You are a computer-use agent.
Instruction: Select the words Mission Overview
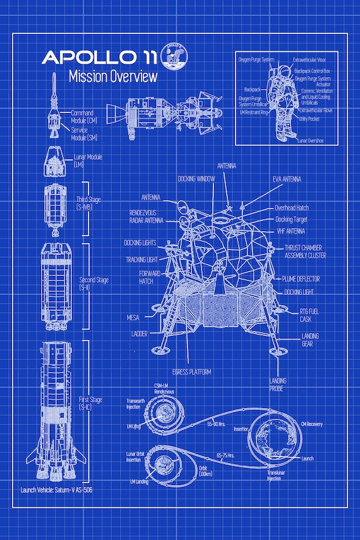click(x=112, y=77)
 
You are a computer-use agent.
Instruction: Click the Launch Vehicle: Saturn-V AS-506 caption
click(x=61, y=489)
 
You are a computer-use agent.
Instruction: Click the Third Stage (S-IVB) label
click(x=88, y=203)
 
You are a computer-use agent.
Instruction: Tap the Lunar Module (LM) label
click(x=87, y=160)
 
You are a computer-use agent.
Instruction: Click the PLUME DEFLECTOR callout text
click(x=301, y=279)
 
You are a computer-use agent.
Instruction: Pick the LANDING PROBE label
click(x=278, y=385)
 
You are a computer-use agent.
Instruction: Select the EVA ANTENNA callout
click(x=287, y=179)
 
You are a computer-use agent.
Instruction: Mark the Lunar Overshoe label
click(x=311, y=140)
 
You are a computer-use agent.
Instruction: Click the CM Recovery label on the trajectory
click(x=312, y=424)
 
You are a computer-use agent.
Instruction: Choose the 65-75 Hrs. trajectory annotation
click(x=226, y=455)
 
